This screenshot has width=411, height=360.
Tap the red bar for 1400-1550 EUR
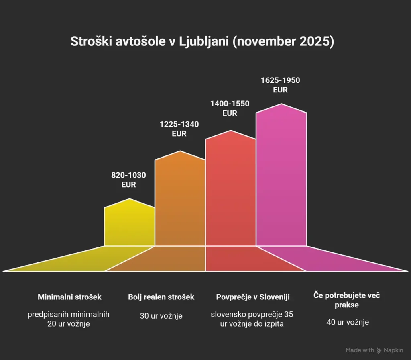[230, 189]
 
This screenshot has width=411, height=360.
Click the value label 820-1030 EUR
[128, 180]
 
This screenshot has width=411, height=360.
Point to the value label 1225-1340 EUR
[179, 129]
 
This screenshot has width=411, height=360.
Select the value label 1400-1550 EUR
[230, 108]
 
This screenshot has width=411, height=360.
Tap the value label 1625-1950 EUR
[280, 85]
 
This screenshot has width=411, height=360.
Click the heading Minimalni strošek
[69, 297]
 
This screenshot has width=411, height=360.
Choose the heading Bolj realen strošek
[161, 297]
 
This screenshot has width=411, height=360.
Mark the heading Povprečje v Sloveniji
[253, 297]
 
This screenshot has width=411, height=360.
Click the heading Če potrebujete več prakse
[346, 300]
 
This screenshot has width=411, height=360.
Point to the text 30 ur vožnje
[161, 316]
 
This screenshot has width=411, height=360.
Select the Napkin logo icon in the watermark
[379, 350]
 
